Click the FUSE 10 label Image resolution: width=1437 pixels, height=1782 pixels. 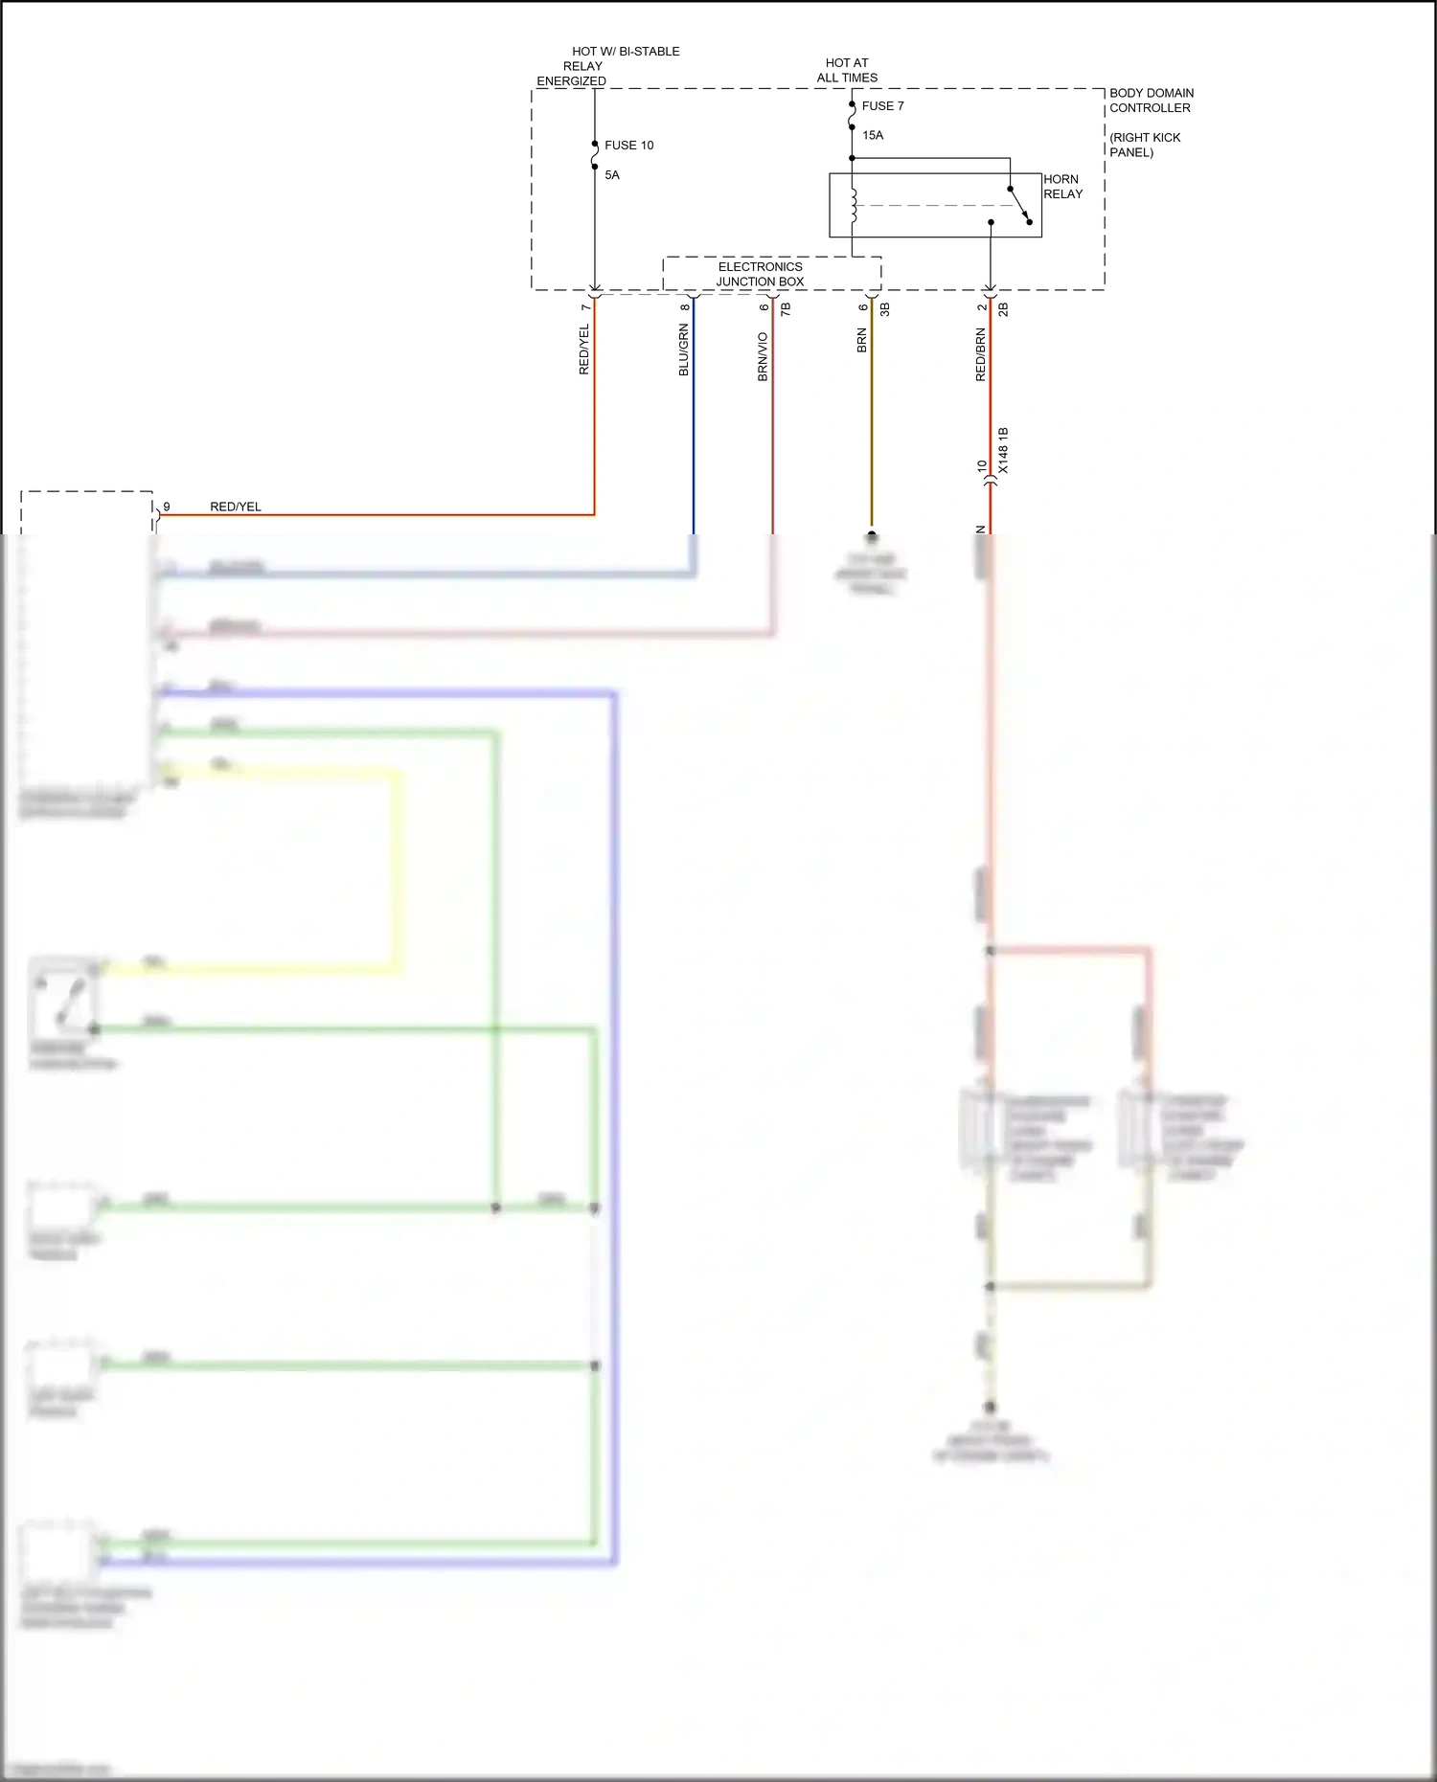(628, 146)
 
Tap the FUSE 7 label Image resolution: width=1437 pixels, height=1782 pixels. (882, 106)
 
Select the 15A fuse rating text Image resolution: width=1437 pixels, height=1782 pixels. (873, 135)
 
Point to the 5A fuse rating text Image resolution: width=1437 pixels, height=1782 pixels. (612, 175)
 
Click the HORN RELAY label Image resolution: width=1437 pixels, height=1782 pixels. (1062, 187)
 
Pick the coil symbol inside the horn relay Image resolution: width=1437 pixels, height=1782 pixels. (853, 205)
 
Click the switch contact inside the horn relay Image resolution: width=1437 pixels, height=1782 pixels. (1019, 205)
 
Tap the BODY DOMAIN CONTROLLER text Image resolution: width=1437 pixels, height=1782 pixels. (1151, 101)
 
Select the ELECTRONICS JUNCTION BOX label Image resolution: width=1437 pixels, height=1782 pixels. (761, 274)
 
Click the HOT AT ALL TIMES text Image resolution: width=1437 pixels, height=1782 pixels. (847, 70)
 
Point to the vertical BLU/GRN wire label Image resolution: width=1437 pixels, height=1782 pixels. (684, 350)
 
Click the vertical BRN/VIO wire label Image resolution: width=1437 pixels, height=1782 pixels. (764, 356)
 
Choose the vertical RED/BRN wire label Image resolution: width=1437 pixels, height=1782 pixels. (980, 354)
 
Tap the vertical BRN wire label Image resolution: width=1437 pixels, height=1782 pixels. (862, 341)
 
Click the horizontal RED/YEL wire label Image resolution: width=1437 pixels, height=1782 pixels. (236, 507)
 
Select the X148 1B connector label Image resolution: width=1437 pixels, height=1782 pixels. (1003, 450)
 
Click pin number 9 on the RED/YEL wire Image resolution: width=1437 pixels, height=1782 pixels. (167, 507)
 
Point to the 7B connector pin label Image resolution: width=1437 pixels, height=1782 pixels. (786, 309)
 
